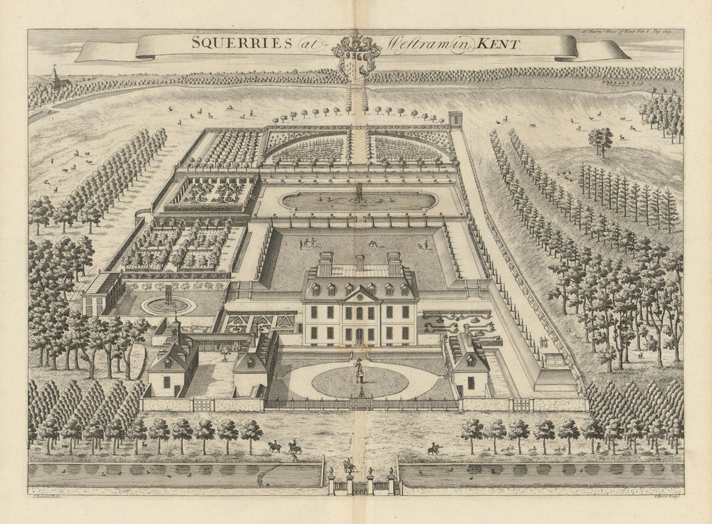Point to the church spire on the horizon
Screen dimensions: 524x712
coord(55,75)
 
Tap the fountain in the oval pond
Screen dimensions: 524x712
coord(360,192)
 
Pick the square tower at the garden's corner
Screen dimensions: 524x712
coord(455,119)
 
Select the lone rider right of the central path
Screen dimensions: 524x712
coord(433,449)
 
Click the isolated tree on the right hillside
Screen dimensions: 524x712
coord(600,139)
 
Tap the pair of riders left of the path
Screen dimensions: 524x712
coord(283,447)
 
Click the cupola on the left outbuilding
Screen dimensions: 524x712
coord(175,328)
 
